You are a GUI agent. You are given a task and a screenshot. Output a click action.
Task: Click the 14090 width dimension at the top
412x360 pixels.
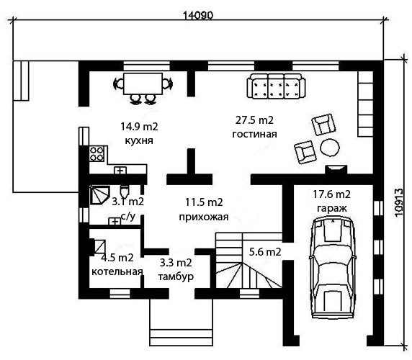tap(197, 15)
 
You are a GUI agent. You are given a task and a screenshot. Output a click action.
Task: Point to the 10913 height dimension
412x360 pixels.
tap(399, 202)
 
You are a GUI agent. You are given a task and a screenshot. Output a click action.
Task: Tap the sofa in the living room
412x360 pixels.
tap(277, 86)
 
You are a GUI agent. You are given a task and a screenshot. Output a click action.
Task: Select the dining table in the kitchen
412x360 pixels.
tap(143, 84)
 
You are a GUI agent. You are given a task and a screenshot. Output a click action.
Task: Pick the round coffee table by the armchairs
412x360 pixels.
tap(330, 147)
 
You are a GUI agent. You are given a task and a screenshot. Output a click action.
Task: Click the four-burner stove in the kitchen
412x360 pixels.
tap(97, 154)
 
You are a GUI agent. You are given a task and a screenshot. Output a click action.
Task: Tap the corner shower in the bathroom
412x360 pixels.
tap(99, 195)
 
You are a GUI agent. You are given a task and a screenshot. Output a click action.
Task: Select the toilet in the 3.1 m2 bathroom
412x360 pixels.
tap(125, 191)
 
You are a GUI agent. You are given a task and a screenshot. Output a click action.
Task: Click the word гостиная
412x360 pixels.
tap(254, 134)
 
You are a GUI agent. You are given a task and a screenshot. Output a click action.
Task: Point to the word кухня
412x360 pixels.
tap(139, 140)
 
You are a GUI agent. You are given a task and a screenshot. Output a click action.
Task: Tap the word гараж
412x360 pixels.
tap(332, 208)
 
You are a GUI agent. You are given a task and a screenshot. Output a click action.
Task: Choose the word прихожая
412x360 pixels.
tap(204, 217)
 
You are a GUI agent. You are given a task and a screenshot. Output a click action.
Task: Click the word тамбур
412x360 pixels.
tap(176, 276)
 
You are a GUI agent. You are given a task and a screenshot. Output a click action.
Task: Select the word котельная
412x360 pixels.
tap(117, 271)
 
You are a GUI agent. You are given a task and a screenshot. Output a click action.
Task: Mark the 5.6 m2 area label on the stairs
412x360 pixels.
tap(265, 252)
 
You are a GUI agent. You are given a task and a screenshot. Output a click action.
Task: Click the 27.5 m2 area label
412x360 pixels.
tap(254, 120)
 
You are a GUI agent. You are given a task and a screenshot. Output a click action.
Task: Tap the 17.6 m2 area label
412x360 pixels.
tap(331, 194)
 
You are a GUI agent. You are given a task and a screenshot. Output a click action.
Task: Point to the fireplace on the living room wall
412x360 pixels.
tap(336, 170)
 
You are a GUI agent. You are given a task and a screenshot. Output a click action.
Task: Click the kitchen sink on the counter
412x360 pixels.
tap(120, 171)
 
